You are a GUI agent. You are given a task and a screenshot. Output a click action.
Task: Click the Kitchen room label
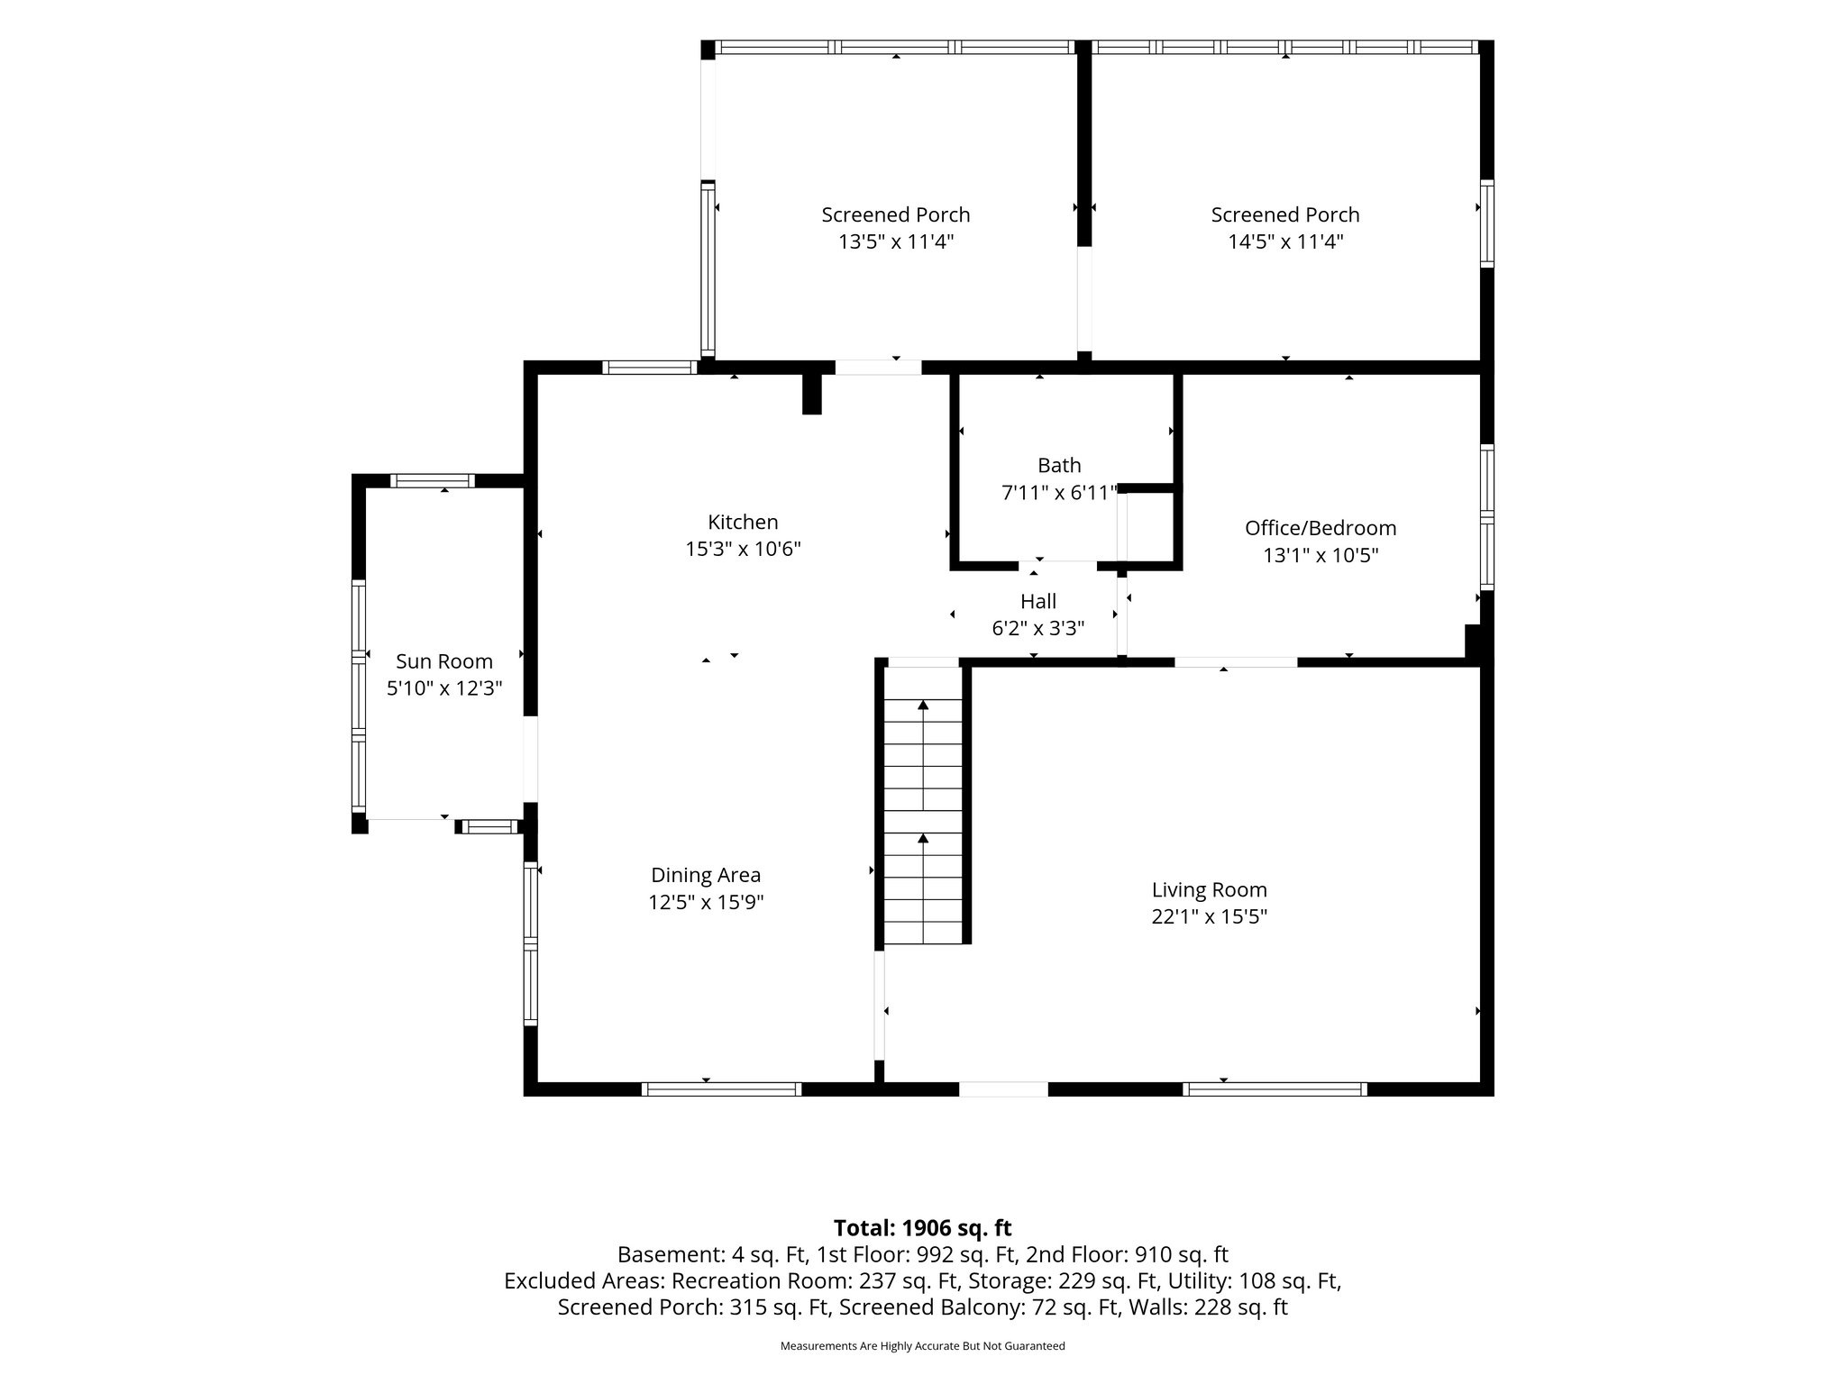[x=743, y=523]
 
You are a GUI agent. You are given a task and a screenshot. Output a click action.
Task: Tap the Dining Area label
[x=706, y=875]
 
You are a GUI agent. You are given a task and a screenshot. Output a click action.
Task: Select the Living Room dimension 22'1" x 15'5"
[x=1210, y=916]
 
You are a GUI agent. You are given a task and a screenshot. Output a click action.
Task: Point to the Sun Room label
[x=444, y=661]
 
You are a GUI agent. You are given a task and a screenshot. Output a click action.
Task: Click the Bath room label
[x=1059, y=466]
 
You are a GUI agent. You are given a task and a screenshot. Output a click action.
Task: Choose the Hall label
[x=1038, y=601]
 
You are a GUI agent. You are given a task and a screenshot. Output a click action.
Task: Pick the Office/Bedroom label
[x=1321, y=528]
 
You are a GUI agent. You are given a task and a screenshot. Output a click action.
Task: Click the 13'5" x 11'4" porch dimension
[x=896, y=241]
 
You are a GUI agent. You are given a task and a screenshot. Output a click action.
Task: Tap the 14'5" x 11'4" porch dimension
[x=1285, y=241]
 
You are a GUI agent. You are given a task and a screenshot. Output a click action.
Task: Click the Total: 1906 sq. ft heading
[x=922, y=1228]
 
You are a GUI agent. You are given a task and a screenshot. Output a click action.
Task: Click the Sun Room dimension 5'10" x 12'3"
[x=444, y=688]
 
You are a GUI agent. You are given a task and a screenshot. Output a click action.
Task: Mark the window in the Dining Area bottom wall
[x=721, y=1089]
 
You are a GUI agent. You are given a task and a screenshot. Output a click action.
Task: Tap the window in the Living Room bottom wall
[x=1275, y=1089]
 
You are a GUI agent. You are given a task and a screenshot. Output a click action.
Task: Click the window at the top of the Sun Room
[x=433, y=480]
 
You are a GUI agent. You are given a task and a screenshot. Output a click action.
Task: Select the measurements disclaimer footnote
[x=922, y=1346]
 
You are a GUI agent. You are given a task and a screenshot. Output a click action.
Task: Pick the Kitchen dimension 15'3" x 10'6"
[x=743, y=549]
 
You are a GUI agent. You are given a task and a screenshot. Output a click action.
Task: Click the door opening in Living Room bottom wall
[x=1003, y=1089]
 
